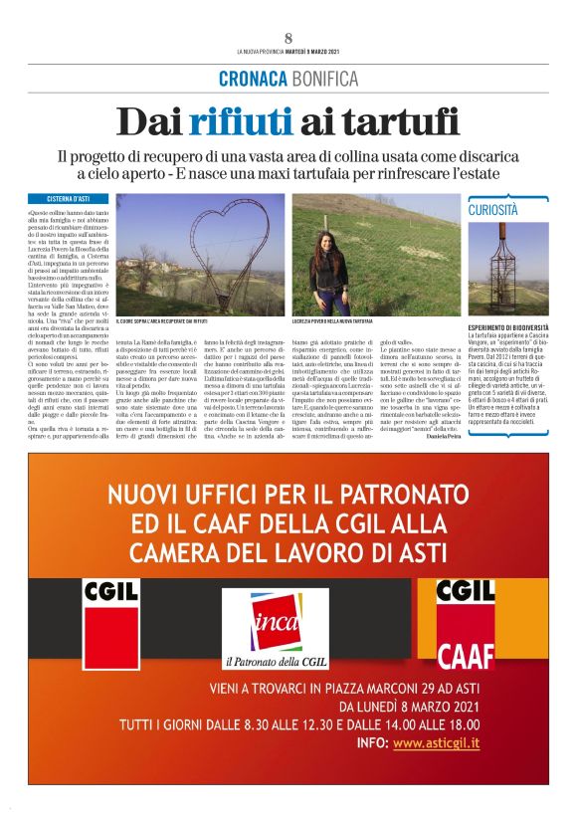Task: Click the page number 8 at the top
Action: click(288, 38)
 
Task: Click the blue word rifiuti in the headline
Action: click(237, 121)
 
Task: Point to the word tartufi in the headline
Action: click(394, 121)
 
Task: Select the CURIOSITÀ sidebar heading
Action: click(494, 210)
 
